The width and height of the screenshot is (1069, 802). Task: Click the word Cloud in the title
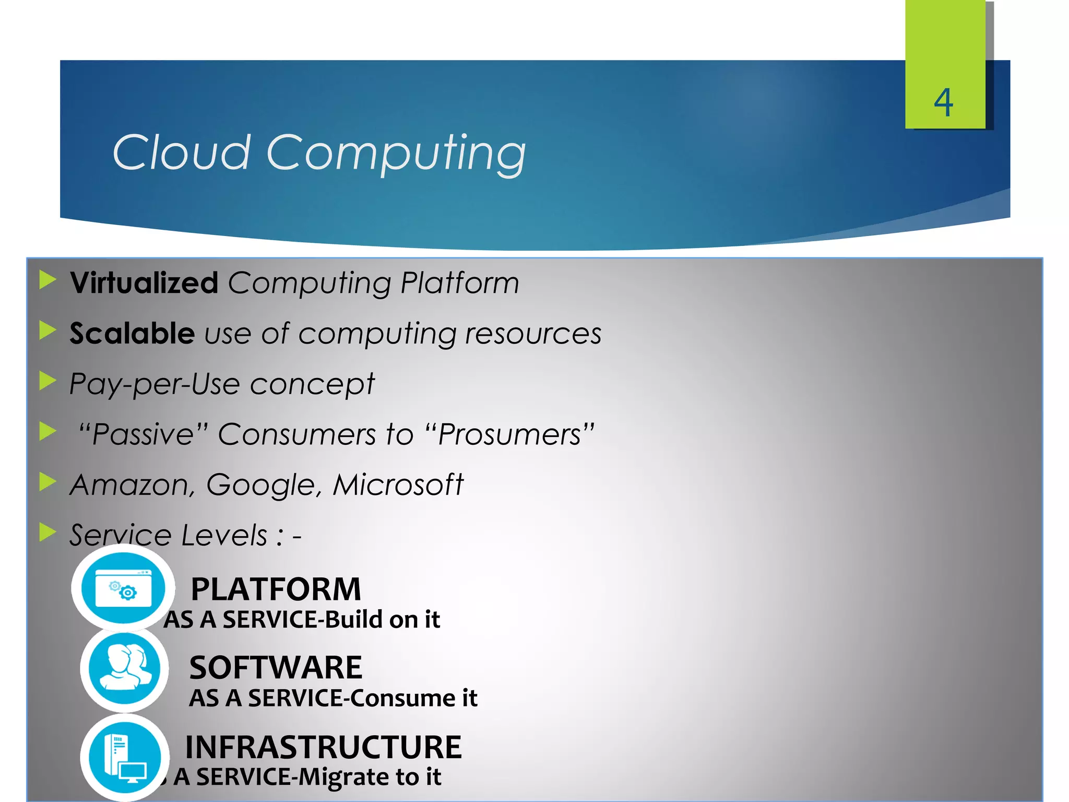point(181,152)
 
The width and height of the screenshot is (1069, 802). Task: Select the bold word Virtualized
point(144,283)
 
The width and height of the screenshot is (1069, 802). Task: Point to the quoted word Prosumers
point(509,434)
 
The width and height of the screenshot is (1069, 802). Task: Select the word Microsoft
point(398,485)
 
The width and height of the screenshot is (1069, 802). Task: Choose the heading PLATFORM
point(276,589)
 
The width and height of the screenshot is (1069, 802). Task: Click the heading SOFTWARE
point(276,668)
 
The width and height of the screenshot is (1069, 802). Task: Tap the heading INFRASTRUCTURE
point(323,747)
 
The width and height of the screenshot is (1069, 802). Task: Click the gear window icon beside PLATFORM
point(123,588)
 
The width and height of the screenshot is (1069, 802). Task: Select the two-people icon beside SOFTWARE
point(124,668)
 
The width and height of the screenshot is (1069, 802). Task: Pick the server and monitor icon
point(125,757)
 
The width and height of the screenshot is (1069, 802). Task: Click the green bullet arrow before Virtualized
point(47,280)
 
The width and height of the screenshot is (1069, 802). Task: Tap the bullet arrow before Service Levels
point(47,533)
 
